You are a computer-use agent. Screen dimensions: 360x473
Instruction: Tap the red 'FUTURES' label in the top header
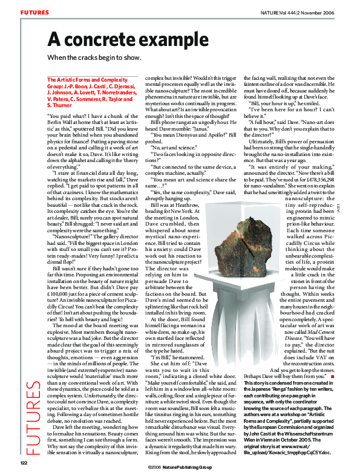34,12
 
